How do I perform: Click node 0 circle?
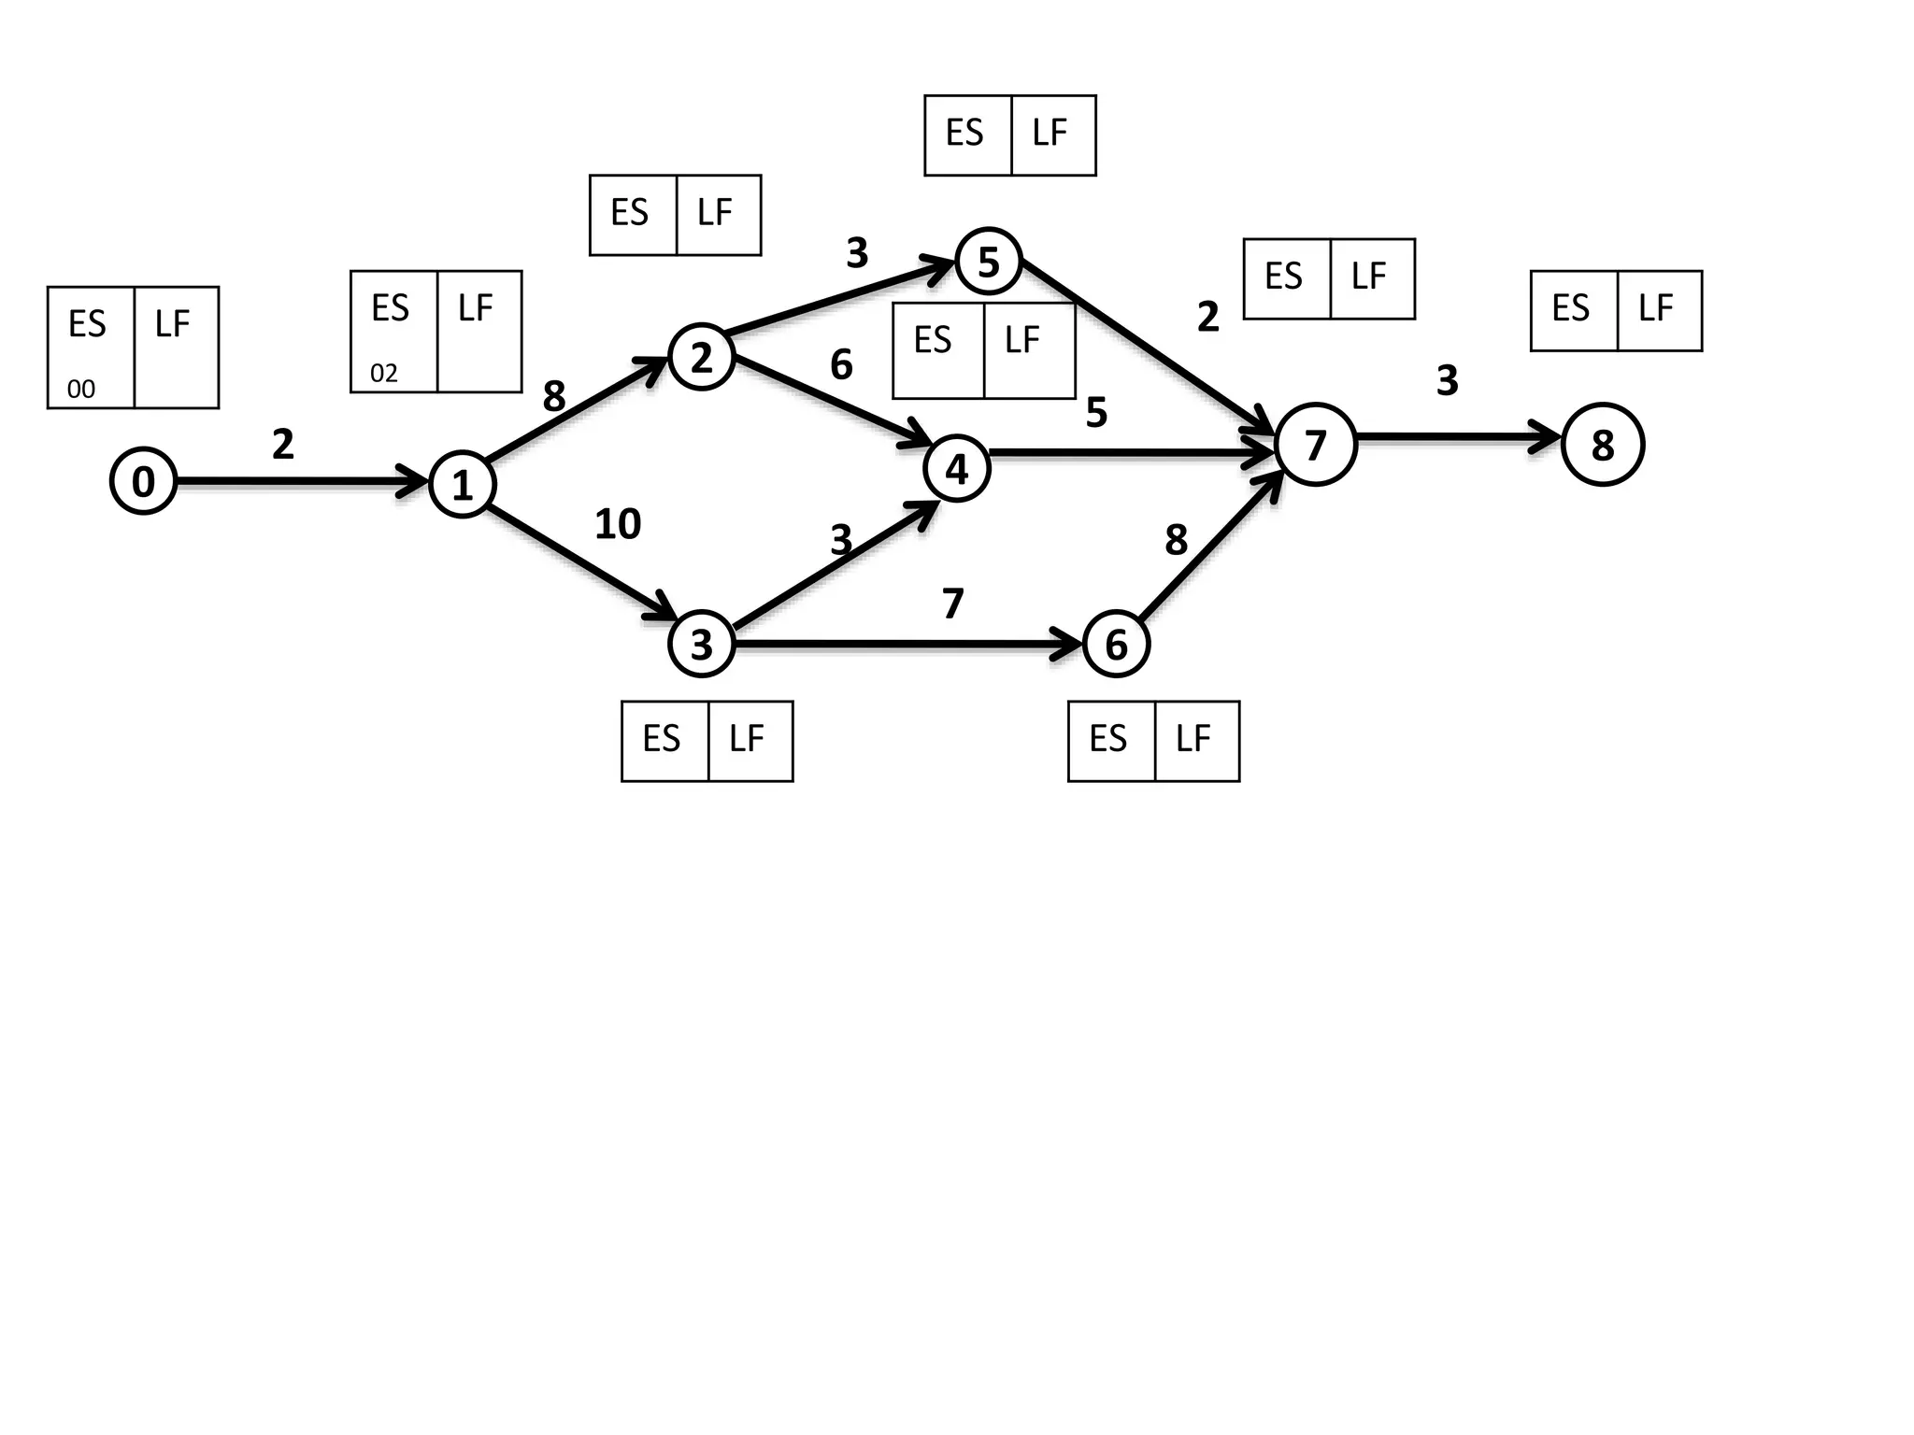click(x=143, y=481)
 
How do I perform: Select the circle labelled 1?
click(x=462, y=485)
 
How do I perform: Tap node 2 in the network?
click(x=702, y=357)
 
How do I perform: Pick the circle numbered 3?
click(x=702, y=644)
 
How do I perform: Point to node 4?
click(x=956, y=469)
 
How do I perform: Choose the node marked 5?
click(x=988, y=262)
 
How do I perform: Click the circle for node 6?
click(x=1116, y=645)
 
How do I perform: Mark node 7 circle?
click(x=1315, y=445)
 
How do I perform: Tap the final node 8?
click(x=1602, y=445)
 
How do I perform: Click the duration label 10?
click(x=618, y=524)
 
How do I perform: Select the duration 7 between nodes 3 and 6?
click(x=952, y=604)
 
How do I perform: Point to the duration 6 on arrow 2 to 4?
click(x=841, y=364)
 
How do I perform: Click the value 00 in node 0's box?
click(x=81, y=389)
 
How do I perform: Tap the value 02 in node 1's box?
click(x=384, y=374)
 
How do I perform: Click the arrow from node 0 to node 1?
click(x=299, y=482)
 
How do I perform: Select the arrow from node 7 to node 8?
click(x=1458, y=436)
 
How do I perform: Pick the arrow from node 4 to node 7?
click(x=1131, y=454)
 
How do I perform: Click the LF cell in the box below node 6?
click(x=1196, y=740)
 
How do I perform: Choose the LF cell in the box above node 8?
click(x=1659, y=310)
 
